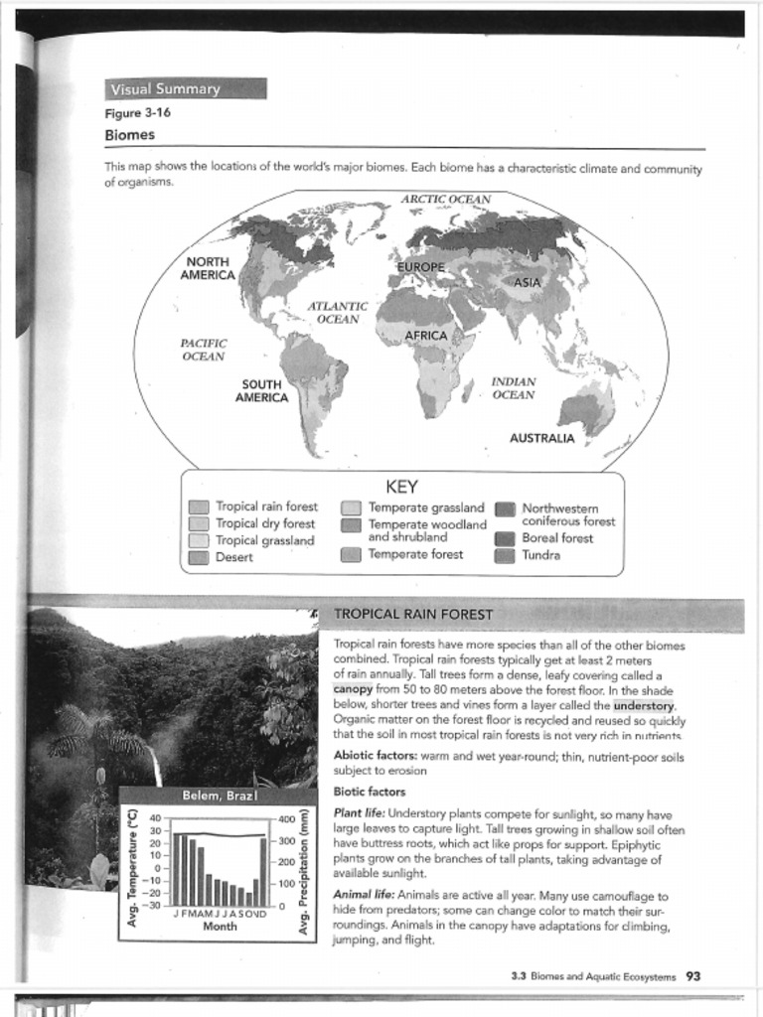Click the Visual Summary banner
click(186, 88)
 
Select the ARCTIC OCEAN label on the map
click(445, 200)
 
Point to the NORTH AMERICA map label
click(208, 268)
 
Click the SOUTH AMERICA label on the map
click(261, 390)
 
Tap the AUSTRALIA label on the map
click(541, 438)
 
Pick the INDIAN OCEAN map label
click(514, 388)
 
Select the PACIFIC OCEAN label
click(204, 350)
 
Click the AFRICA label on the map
click(426, 336)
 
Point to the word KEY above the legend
click(401, 487)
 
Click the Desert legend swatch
click(199, 558)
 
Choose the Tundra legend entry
click(540, 555)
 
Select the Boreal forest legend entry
click(556, 538)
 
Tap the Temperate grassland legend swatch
click(351, 508)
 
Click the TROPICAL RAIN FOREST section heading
click(412, 614)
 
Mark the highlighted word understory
click(643, 706)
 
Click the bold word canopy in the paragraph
click(352, 688)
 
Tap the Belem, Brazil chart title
click(220, 797)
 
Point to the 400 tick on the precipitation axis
click(288, 819)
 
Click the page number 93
click(693, 976)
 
